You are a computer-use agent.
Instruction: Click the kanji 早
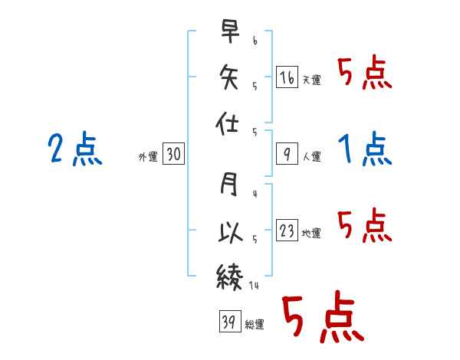click(230, 31)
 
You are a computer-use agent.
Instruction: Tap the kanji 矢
click(228, 77)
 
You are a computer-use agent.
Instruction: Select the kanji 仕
click(228, 123)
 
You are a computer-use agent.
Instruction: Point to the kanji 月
click(228, 184)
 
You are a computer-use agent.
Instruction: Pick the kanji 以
click(230, 232)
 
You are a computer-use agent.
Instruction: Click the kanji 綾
click(230, 277)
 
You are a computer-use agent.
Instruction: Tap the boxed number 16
click(287, 77)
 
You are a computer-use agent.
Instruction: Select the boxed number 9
click(287, 154)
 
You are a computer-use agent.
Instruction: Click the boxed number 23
click(287, 230)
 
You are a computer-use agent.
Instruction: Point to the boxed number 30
click(173, 154)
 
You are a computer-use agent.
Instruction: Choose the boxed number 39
click(230, 321)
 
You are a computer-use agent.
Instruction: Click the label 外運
click(148, 157)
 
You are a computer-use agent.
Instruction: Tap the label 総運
click(255, 325)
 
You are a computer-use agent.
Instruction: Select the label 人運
click(312, 156)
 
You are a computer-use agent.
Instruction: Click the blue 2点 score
click(75, 149)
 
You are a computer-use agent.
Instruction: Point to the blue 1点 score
click(365, 149)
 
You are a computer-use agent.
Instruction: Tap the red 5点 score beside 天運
click(365, 72)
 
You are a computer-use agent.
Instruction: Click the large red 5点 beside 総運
click(324, 316)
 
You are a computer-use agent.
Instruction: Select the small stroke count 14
click(254, 285)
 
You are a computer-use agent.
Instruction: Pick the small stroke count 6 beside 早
click(255, 41)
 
